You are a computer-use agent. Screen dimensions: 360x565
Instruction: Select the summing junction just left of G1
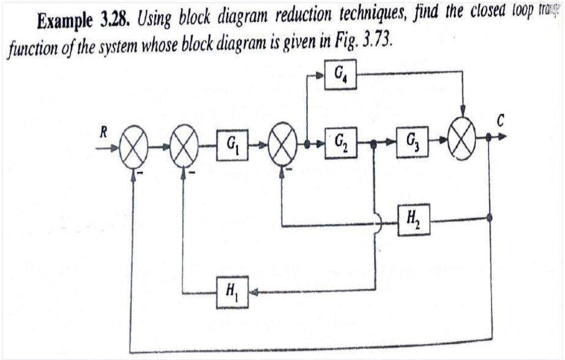tap(182, 148)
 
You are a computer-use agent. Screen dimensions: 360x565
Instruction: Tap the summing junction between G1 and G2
tap(282, 147)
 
